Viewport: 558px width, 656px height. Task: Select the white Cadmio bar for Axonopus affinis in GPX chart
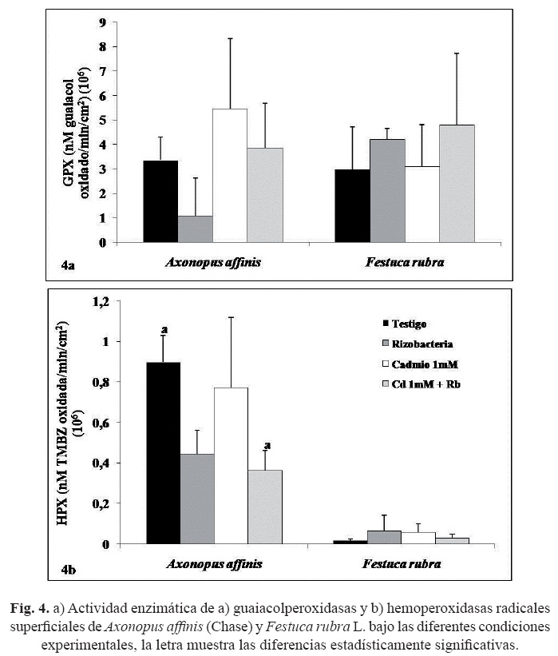(x=229, y=176)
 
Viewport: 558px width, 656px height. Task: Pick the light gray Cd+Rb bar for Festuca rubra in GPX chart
(x=456, y=184)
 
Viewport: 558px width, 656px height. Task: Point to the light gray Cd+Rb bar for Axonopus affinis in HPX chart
(x=265, y=507)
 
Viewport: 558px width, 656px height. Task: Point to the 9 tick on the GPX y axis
(x=102, y=22)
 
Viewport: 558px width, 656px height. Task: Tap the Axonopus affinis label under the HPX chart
(x=214, y=565)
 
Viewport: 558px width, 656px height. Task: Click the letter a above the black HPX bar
(x=164, y=329)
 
